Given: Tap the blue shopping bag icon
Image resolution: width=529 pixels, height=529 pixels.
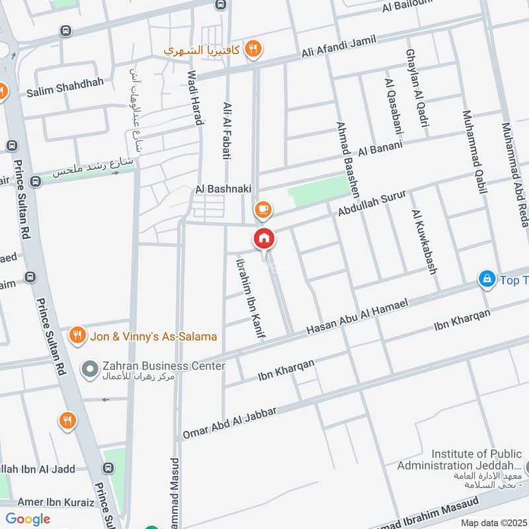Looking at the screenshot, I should [x=487, y=279].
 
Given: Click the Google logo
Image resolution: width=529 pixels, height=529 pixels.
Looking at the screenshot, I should [x=28, y=519].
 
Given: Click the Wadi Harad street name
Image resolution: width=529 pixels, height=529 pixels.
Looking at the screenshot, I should [x=195, y=98].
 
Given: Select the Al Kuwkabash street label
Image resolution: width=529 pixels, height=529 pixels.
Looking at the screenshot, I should [x=425, y=242].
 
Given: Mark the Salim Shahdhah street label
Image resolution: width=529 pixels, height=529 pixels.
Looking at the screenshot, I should [x=58, y=93].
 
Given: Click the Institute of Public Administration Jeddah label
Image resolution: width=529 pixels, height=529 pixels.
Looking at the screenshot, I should [x=477, y=460].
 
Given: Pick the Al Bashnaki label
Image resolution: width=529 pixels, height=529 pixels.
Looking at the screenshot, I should [x=224, y=189].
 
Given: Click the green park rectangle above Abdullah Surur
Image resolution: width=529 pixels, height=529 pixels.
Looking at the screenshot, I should [x=319, y=192].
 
